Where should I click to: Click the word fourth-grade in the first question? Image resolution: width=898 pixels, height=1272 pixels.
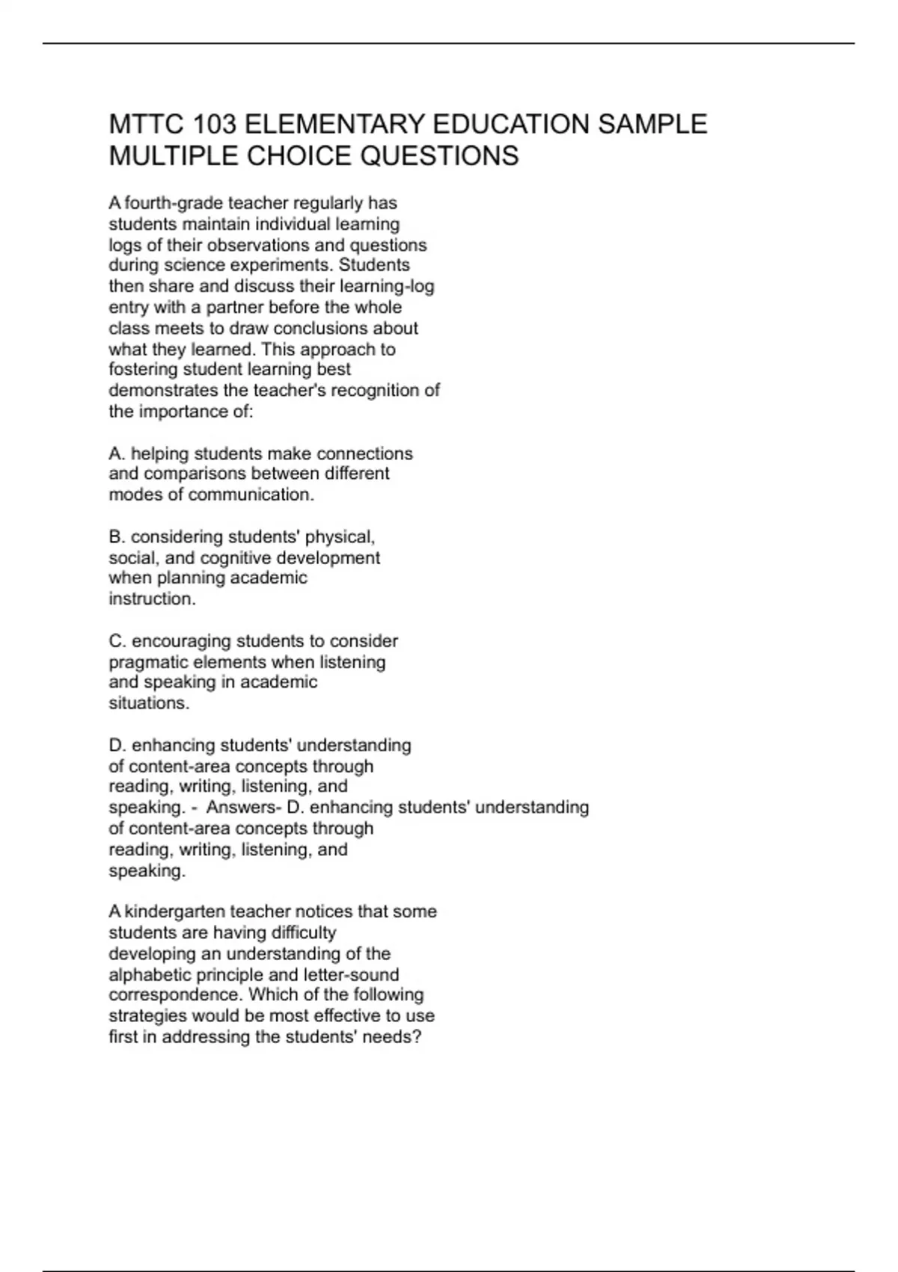[174, 204]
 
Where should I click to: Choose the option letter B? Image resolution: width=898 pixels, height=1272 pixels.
[115, 537]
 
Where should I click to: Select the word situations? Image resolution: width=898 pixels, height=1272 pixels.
[149, 703]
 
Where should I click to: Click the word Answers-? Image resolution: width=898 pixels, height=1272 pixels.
[244, 807]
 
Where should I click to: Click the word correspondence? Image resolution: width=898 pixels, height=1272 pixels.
[176, 995]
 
